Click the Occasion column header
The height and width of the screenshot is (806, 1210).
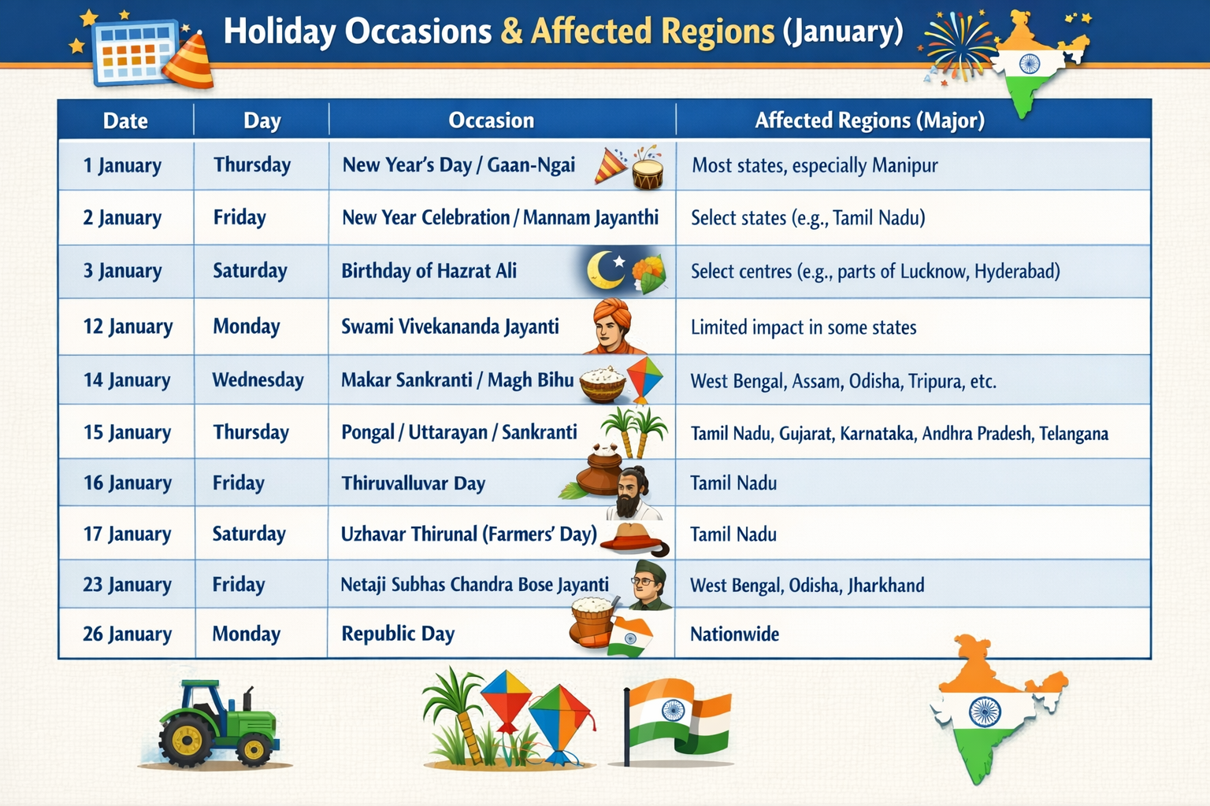click(491, 120)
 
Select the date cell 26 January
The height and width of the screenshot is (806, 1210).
click(127, 634)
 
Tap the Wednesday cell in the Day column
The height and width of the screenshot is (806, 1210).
click(258, 380)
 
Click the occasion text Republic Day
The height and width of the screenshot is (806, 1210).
click(398, 634)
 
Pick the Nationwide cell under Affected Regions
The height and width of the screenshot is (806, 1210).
click(734, 634)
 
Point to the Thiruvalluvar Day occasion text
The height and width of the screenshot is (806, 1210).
click(413, 483)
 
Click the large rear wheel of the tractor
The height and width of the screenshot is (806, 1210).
click(187, 741)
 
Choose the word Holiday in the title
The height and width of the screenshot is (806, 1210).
click(279, 31)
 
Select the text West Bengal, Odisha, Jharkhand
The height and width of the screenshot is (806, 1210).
click(807, 586)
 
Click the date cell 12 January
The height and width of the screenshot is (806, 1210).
click(128, 327)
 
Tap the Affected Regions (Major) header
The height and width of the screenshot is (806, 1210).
click(869, 120)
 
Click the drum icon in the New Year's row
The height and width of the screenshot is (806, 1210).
click(648, 168)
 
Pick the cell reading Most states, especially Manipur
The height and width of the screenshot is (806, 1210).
click(815, 166)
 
